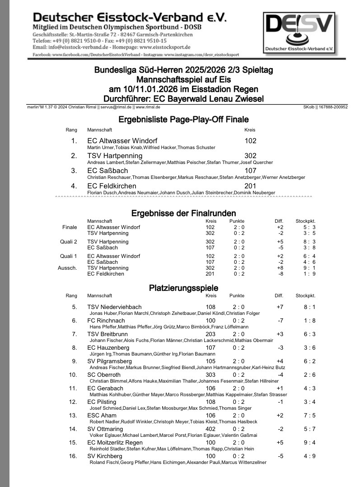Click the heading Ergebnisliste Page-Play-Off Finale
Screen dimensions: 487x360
183,120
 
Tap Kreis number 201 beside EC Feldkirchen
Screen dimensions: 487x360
250,186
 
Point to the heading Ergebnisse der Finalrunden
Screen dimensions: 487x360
183,213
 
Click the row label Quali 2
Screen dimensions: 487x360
69,242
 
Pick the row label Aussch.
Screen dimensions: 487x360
68,268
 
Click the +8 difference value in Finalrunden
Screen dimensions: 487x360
280,268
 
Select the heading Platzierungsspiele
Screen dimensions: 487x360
183,288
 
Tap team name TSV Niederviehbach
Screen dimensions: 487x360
114,307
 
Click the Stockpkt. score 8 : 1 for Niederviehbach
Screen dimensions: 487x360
309,307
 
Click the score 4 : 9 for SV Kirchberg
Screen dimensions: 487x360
309,456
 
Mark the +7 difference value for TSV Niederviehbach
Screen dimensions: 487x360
280,307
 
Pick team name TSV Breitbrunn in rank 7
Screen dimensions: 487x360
108,334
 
